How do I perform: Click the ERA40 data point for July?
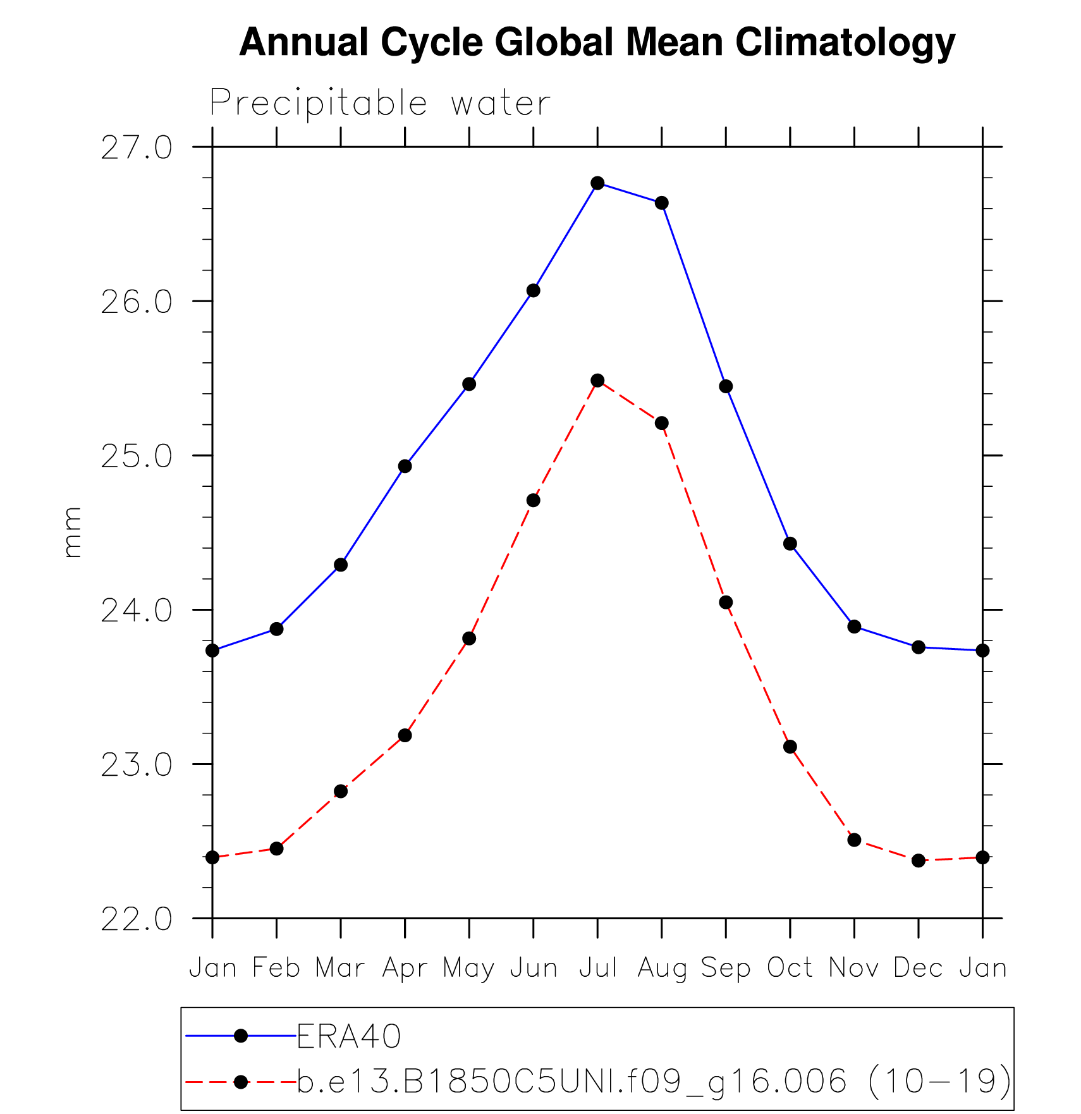coord(597,183)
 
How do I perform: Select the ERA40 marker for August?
coord(662,203)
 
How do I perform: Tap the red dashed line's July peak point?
coord(597,381)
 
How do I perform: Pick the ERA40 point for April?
coord(405,467)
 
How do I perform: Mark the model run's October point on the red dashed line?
coord(790,747)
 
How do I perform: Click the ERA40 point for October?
coord(790,544)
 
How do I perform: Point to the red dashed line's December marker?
coord(919,860)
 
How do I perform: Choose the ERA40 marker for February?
coord(276,628)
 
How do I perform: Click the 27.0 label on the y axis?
coord(137,148)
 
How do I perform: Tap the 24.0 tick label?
coord(137,611)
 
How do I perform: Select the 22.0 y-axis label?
coord(137,919)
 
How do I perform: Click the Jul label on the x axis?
coord(597,968)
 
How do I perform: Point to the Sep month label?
coord(726,968)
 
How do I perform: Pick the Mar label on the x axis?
coord(340,968)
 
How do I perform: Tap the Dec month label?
coord(919,968)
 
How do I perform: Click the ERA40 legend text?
coord(349,1036)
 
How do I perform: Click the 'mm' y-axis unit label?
coord(73,532)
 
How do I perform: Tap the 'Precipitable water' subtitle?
coord(380,102)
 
